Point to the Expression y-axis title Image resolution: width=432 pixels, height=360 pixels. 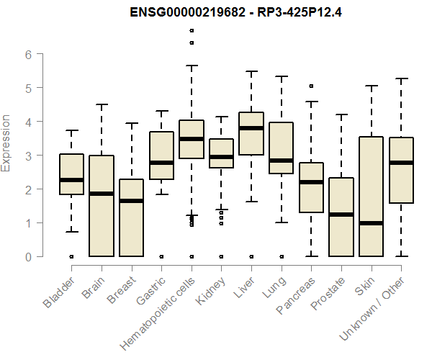[x=7, y=143]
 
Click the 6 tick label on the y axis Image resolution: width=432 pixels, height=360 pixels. [x=27, y=54]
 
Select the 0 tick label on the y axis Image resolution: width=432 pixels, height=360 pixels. [x=27, y=256]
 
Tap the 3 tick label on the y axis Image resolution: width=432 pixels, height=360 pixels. [x=27, y=156]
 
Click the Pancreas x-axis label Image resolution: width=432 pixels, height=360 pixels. [x=296, y=294]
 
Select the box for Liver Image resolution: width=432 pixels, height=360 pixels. [x=251, y=133]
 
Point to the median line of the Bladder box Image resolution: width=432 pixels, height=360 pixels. [x=71, y=180]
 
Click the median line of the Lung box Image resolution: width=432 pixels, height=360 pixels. [x=281, y=161]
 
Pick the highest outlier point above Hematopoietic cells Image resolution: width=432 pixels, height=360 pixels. [x=192, y=30]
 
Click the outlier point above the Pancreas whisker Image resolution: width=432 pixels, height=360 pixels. [x=311, y=86]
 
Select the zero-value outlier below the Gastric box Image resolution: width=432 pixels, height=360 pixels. [x=161, y=256]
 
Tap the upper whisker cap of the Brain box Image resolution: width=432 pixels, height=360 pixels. [x=102, y=104]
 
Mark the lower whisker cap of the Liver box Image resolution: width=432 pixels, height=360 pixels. [x=251, y=202]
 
